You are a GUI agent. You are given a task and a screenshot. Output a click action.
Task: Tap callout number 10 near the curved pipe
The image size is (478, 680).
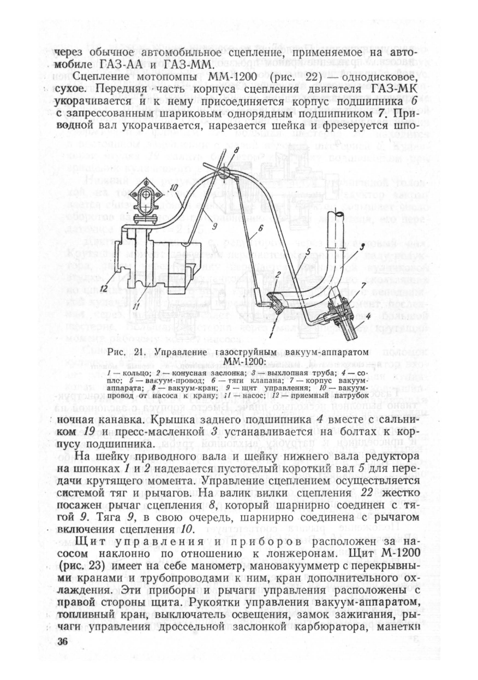pos(174,187)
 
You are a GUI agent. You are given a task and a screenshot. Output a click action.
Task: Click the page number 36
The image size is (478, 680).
pos(64,642)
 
